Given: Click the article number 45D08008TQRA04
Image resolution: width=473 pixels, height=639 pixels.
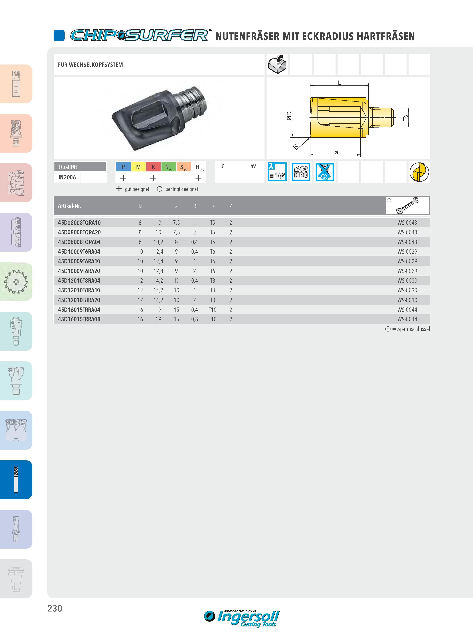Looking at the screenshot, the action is [79, 242].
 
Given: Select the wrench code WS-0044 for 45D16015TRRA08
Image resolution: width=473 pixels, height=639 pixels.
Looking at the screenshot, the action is [407, 319].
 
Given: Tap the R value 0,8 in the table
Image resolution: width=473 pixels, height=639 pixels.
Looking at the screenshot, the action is [194, 319].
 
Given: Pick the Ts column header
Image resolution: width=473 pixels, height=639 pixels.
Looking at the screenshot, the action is [212, 206].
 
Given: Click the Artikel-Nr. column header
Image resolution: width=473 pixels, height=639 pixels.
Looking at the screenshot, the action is [70, 206].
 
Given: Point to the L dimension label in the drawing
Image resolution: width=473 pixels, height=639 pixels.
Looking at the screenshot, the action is [340, 83].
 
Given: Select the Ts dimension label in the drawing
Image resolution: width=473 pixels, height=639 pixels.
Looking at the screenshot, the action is [405, 117].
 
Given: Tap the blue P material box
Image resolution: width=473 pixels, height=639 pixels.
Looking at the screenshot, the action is [123, 167].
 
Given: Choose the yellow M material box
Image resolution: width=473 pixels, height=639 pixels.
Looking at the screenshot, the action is [138, 167].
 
